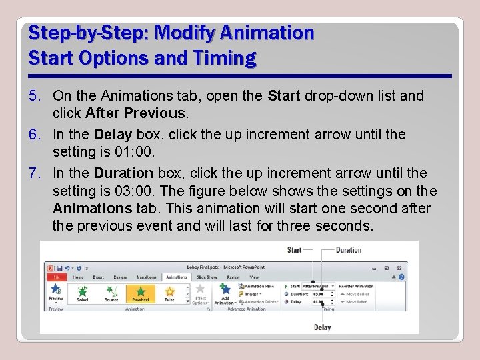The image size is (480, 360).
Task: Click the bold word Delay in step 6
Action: (x=110, y=135)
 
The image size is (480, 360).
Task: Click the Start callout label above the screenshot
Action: (x=294, y=251)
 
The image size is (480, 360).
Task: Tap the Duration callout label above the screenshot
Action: (x=349, y=251)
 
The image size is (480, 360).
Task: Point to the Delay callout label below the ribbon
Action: (x=322, y=327)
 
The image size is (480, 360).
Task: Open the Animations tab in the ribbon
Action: (x=176, y=277)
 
